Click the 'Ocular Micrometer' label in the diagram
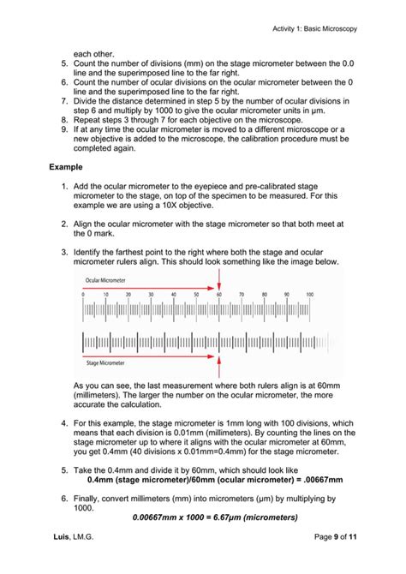point(104,279)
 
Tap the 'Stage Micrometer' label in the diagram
point(103,362)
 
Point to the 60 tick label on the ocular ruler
point(219,294)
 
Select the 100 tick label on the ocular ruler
point(309,294)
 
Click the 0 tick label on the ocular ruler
point(83,294)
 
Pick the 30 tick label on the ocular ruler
point(151,294)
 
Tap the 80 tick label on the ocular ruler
point(265,294)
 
